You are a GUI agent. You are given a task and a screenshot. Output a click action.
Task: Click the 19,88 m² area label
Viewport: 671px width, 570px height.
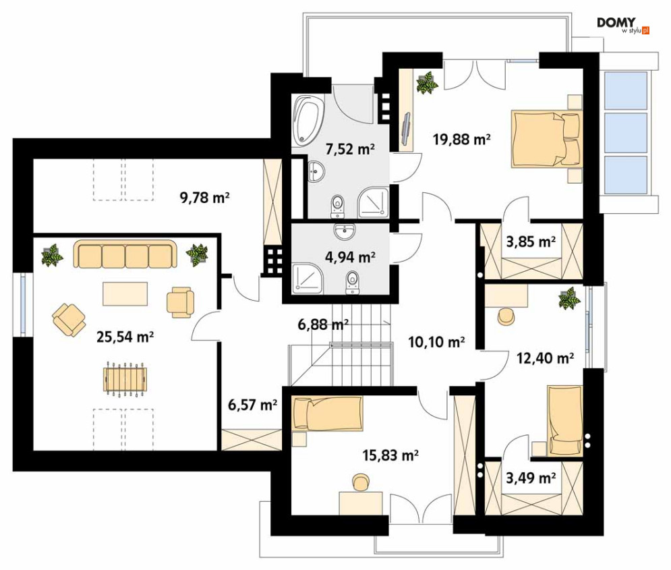click(461, 139)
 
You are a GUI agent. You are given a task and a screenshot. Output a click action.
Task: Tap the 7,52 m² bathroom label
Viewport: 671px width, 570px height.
click(350, 149)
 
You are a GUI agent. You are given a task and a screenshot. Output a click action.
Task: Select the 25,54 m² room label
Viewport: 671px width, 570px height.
click(125, 337)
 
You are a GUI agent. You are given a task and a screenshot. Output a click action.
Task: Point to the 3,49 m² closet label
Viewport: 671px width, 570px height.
click(531, 477)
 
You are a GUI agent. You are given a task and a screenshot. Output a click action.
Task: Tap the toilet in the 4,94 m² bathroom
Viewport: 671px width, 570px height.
click(352, 283)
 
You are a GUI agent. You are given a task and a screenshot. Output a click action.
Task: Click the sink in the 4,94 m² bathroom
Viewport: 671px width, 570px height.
click(344, 231)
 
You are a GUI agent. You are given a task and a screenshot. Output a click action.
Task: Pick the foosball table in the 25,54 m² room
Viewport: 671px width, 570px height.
click(125, 380)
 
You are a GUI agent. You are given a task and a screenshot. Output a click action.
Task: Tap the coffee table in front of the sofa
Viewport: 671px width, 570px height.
click(125, 293)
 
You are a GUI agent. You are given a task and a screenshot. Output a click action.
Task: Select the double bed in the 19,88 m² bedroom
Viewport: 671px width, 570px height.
click(546, 139)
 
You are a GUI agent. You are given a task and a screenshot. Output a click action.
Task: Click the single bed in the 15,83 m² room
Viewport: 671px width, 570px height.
click(327, 413)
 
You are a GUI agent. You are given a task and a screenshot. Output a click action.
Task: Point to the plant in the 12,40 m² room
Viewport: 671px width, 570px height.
click(570, 298)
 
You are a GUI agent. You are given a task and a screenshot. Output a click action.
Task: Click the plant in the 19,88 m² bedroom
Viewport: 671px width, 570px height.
click(427, 82)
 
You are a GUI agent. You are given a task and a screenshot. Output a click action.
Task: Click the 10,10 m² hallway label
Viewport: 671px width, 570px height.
click(436, 343)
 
